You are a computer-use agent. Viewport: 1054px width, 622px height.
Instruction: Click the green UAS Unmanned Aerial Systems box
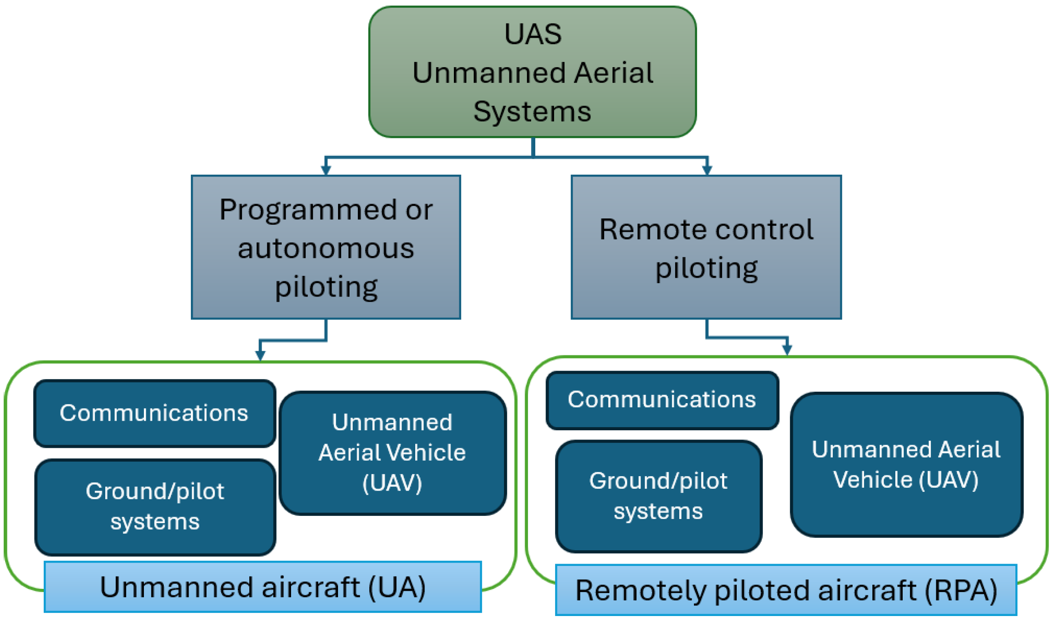point(533,72)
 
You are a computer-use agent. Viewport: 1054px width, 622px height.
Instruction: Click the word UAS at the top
point(533,34)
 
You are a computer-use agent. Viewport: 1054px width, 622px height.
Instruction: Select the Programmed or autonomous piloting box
point(326,247)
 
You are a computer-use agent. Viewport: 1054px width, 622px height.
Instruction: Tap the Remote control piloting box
point(706,247)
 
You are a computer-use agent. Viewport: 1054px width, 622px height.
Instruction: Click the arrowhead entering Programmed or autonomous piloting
point(326,170)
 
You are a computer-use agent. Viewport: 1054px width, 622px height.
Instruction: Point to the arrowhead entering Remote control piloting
point(707,170)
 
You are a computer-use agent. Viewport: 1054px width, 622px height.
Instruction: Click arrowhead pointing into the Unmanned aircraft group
point(260,355)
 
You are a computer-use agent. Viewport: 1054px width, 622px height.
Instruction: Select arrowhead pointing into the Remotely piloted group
point(787,350)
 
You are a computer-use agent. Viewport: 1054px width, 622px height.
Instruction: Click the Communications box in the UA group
point(155,413)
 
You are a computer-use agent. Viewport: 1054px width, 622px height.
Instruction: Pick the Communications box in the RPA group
point(662,400)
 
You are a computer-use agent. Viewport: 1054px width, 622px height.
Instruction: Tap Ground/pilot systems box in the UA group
point(155,507)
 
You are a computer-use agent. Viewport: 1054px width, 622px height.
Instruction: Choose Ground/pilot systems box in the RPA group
point(659,496)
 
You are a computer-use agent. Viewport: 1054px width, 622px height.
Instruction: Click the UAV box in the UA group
point(393,453)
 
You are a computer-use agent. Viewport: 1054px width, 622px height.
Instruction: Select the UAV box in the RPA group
point(906,464)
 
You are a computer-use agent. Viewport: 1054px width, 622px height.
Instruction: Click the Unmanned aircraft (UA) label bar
point(263,587)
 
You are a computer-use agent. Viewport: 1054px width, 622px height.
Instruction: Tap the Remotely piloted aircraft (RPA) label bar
point(786,590)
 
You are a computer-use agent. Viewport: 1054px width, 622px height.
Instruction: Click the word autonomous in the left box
point(326,248)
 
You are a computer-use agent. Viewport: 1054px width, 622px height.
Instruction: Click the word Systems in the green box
point(532,112)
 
